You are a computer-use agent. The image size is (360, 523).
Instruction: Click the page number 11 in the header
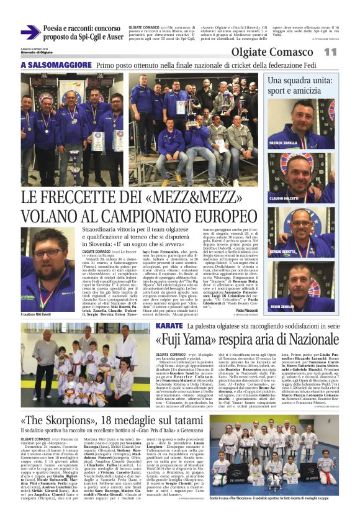click(x=330, y=52)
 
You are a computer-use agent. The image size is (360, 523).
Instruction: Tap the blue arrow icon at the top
click(x=29, y=32)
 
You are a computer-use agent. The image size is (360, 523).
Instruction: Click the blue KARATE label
click(x=169, y=325)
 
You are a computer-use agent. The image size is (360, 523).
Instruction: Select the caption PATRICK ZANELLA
click(x=286, y=143)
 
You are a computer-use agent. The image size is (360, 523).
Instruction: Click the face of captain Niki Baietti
click(x=50, y=255)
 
